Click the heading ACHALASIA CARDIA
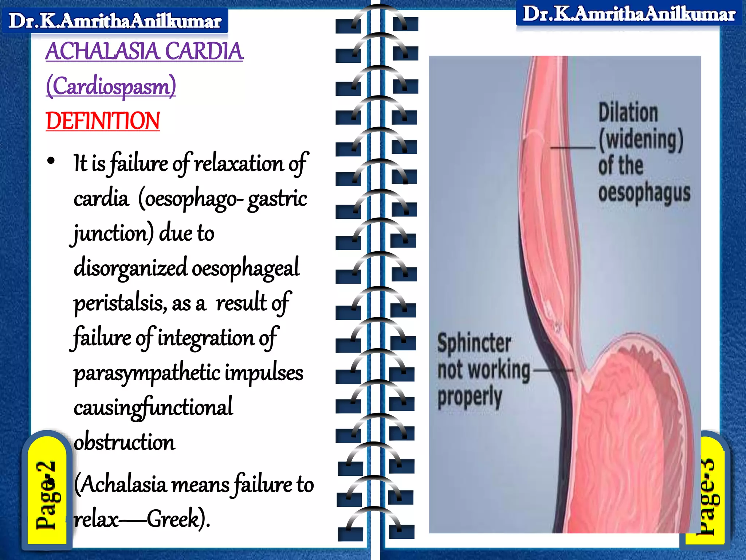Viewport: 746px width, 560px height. [144, 51]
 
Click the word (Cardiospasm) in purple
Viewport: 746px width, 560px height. [111, 86]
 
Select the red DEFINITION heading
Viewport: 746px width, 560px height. [103, 121]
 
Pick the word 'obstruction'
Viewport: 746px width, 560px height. [124, 442]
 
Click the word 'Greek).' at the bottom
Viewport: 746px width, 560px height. [178, 518]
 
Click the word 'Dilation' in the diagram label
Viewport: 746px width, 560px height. [628, 113]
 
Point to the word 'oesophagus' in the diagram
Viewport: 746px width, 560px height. [644, 193]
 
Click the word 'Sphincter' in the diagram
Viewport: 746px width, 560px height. [474, 343]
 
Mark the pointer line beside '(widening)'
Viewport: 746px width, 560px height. [572, 148]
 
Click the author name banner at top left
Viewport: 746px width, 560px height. [115, 21]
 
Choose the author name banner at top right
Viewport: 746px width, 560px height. [629, 14]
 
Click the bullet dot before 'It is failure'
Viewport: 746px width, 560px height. [51, 161]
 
